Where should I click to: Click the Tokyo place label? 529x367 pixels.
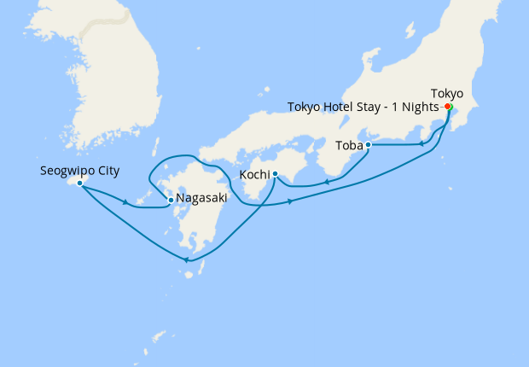(447, 93)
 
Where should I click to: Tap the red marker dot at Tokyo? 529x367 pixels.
(448, 107)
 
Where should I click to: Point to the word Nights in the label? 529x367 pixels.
(421, 107)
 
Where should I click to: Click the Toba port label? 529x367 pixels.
(349, 145)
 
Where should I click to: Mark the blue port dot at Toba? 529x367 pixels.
(368, 145)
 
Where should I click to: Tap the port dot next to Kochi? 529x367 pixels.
(275, 174)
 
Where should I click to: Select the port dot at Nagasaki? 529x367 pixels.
(171, 201)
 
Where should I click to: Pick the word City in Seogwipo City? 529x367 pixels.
(107, 171)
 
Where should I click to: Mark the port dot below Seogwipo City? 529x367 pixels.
(79, 183)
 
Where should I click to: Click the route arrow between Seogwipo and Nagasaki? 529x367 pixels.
(126, 202)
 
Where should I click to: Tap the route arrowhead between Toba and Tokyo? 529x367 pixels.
(421, 144)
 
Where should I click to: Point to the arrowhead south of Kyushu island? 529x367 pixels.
(187, 260)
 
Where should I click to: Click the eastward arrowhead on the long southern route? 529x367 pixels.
(292, 201)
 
